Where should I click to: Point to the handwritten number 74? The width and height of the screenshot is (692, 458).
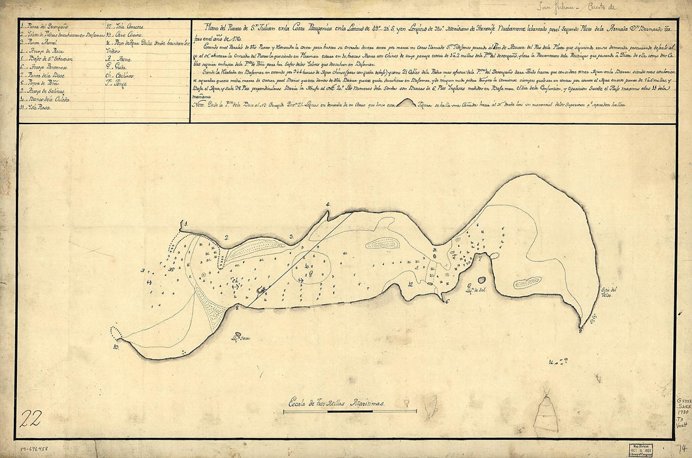pyautogui.click(x=681, y=448)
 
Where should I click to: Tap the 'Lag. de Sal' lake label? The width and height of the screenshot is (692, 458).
pyautogui.click(x=463, y=289)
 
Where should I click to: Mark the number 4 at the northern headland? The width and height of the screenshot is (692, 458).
pyautogui.click(x=328, y=205)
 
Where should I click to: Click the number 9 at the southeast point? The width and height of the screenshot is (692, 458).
pyautogui.click(x=580, y=329)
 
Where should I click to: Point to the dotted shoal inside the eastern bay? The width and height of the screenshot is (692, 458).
pyautogui.click(x=527, y=283)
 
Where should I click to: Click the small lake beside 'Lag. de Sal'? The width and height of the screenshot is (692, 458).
pyautogui.click(x=481, y=280)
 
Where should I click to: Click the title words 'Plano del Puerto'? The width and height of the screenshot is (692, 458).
pyautogui.click(x=220, y=27)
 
